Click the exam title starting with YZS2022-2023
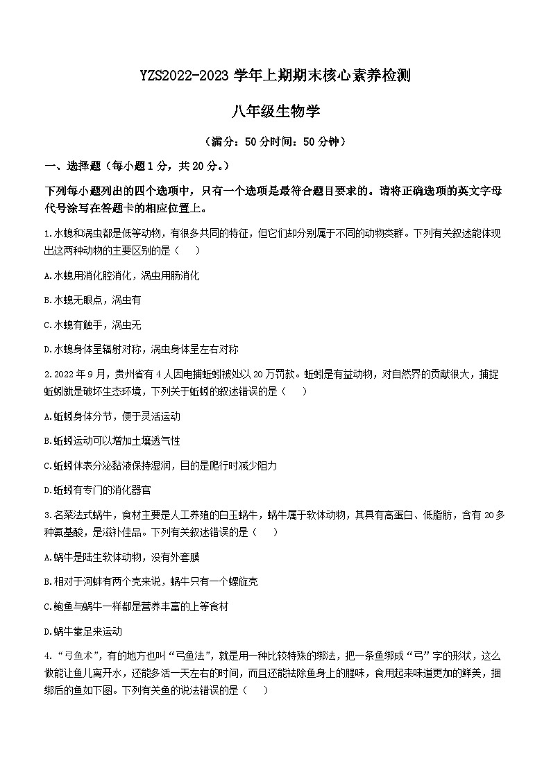(x=275, y=76)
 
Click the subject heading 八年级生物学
(x=275, y=110)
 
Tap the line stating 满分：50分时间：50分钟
(x=275, y=142)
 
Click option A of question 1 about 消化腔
(x=121, y=275)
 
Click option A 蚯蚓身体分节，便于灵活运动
(x=112, y=416)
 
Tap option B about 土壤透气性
(x=112, y=440)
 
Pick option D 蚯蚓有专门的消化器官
(x=97, y=490)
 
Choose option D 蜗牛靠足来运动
(x=83, y=631)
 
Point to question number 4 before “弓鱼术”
(x=46, y=656)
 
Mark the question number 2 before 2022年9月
(x=46, y=375)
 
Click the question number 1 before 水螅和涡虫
(x=46, y=234)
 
